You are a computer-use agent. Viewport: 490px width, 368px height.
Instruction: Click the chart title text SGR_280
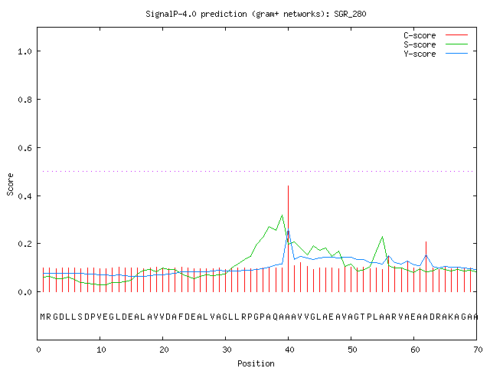click(350, 14)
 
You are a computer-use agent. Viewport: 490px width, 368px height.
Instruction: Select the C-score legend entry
click(436, 35)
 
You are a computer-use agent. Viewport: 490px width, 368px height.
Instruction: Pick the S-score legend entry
click(436, 44)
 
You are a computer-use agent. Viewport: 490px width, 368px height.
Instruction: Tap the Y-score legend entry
click(436, 54)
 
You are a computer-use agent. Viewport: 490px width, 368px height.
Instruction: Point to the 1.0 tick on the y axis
click(25, 51)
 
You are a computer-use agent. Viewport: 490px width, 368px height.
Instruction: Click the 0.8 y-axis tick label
click(25, 100)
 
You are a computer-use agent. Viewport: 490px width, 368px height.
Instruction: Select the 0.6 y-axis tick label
click(25, 148)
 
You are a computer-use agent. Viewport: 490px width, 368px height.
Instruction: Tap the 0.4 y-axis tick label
click(25, 196)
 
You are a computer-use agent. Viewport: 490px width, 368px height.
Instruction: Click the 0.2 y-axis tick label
click(25, 244)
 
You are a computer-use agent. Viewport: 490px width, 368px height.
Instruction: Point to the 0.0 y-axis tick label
click(25, 292)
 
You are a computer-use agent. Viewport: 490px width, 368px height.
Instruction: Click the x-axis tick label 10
click(100, 350)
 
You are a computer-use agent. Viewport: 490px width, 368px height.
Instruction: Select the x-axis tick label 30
click(227, 350)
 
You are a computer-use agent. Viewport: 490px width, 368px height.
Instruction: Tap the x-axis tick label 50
click(352, 350)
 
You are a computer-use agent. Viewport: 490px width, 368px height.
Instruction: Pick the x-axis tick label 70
click(478, 350)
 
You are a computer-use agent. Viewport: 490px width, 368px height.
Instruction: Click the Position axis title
click(256, 363)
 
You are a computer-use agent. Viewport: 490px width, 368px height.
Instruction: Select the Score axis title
click(10, 184)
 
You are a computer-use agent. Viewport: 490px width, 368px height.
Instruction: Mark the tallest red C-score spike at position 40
click(288, 238)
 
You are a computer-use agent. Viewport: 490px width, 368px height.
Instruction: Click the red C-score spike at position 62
click(426, 267)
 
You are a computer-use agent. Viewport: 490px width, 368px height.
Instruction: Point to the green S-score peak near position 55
click(382, 237)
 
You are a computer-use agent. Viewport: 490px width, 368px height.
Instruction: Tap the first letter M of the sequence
click(43, 317)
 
